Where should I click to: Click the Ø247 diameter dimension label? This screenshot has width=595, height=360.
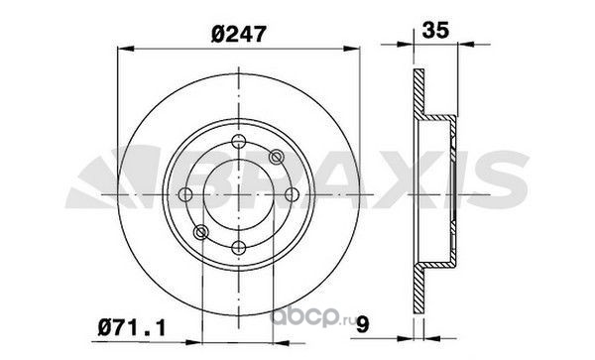[239, 34]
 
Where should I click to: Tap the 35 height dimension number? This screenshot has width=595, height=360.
[435, 30]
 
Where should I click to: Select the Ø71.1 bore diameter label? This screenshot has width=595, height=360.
[132, 327]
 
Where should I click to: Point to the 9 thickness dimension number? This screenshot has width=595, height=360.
[362, 324]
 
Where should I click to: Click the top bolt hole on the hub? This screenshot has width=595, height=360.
[238, 142]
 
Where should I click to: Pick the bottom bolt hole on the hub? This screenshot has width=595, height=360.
[238, 248]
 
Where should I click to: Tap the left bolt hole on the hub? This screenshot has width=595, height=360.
[185, 194]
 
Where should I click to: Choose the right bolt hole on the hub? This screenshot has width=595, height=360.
[292, 194]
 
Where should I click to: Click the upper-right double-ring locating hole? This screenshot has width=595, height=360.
[276, 157]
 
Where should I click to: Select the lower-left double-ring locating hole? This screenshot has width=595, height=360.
[200, 232]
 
